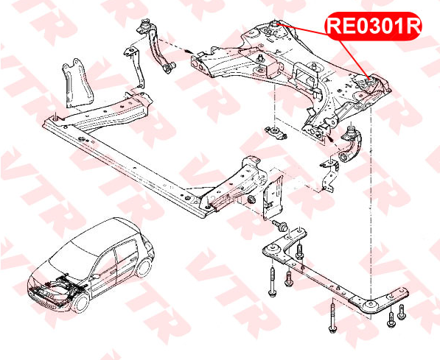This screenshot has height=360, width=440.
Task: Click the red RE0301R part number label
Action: pyautogui.click(x=373, y=26)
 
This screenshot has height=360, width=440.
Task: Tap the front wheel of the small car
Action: pyautogui.click(x=80, y=303)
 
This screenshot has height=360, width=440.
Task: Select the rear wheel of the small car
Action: pyautogui.click(x=144, y=268)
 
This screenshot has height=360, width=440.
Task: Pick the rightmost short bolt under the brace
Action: pyautogui.click(x=402, y=312)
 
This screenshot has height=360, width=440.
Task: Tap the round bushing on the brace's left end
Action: pyautogui.click(x=272, y=248)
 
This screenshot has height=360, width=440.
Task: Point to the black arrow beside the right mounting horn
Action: pyautogui.click(x=330, y=137)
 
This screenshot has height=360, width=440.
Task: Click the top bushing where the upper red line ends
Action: pyautogui.click(x=274, y=24)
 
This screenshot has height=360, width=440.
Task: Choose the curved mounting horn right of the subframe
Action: pyautogui.click(x=351, y=144)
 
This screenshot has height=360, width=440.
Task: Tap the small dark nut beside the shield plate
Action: pyautogui.click(x=252, y=200)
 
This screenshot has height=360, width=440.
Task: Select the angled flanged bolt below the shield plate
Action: pyautogui.click(x=279, y=225)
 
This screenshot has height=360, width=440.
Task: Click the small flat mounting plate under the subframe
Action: pyautogui.click(x=276, y=133)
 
